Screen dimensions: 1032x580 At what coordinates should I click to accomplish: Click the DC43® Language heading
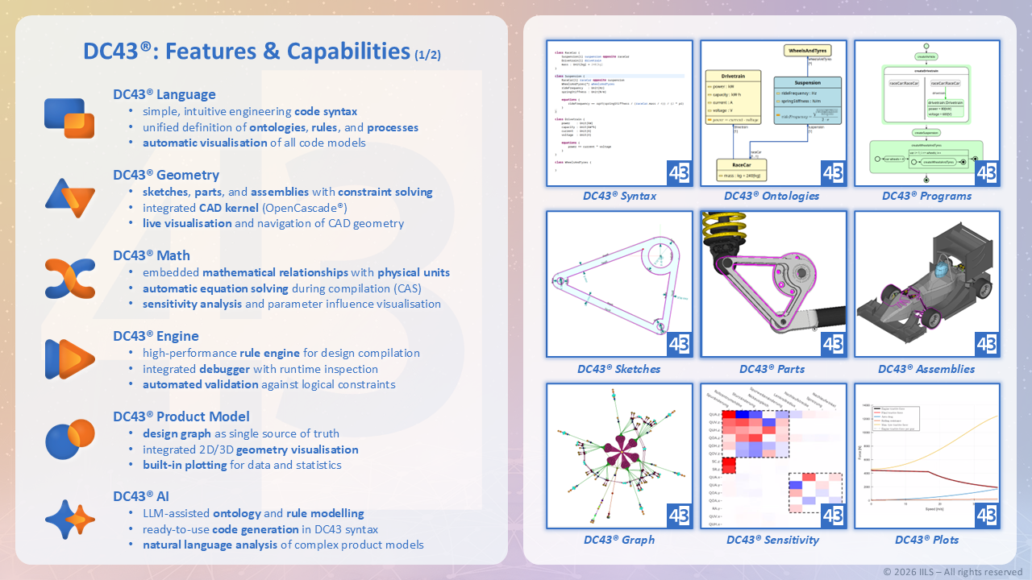(x=164, y=94)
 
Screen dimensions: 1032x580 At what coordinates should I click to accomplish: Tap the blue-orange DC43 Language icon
(x=69, y=118)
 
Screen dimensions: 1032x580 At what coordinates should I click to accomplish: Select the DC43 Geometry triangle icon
(x=69, y=198)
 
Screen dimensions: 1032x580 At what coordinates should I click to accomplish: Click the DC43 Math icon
(x=69, y=279)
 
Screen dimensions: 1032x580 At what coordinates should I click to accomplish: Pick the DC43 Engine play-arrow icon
(x=69, y=359)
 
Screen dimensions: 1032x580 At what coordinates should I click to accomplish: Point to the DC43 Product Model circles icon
(x=69, y=440)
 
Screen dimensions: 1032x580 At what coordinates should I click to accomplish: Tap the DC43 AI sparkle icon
(x=69, y=520)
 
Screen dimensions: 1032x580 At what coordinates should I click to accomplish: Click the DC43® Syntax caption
(x=619, y=196)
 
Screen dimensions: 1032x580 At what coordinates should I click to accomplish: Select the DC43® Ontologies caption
(x=772, y=196)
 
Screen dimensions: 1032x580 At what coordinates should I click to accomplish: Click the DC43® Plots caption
(x=926, y=540)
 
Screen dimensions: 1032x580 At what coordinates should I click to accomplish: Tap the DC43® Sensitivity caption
(x=772, y=540)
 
